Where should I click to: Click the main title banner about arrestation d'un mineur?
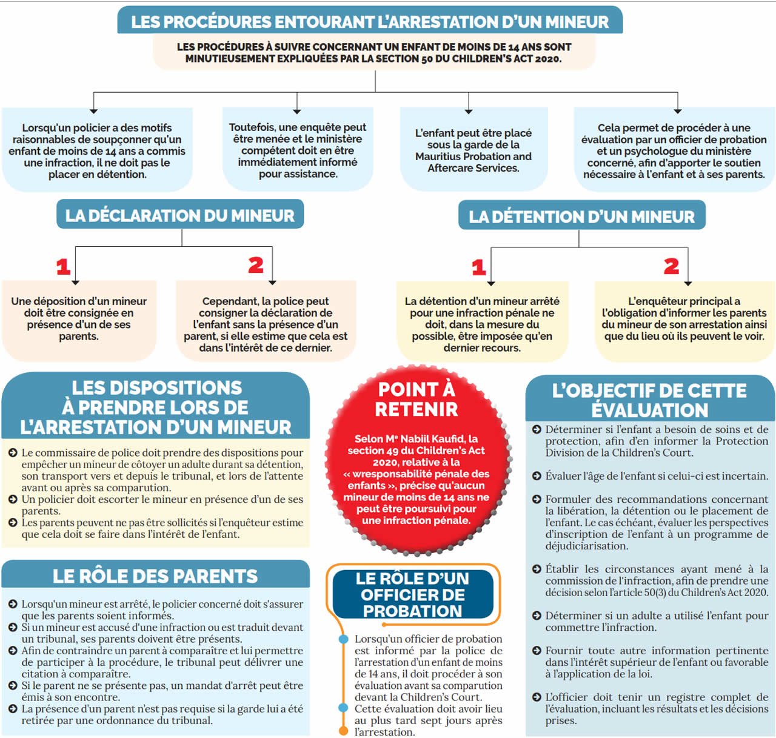click(x=370, y=22)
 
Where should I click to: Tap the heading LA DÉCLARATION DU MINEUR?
click(x=180, y=215)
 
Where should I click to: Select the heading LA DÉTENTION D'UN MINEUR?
click(x=581, y=216)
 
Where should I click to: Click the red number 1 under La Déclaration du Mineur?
click(x=64, y=267)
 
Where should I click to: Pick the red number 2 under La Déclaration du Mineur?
click(x=256, y=265)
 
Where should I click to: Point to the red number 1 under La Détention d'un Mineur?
click(x=479, y=267)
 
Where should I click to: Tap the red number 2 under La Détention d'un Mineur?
click(x=671, y=266)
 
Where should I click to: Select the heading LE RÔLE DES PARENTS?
click(x=155, y=575)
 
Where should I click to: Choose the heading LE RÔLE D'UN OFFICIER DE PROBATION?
click(x=413, y=594)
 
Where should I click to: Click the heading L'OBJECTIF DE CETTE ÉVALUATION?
click(x=649, y=400)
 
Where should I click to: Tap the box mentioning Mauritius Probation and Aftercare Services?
click(x=473, y=150)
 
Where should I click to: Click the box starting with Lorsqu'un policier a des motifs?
click(x=97, y=151)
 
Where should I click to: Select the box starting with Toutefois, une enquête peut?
click(x=297, y=150)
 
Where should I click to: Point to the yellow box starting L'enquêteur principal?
click(x=684, y=318)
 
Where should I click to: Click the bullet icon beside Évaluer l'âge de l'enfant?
click(x=537, y=476)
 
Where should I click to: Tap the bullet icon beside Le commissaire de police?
click(x=13, y=453)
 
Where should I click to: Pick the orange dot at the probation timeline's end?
click(x=343, y=731)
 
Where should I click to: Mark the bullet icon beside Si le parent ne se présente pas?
click(x=13, y=686)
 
